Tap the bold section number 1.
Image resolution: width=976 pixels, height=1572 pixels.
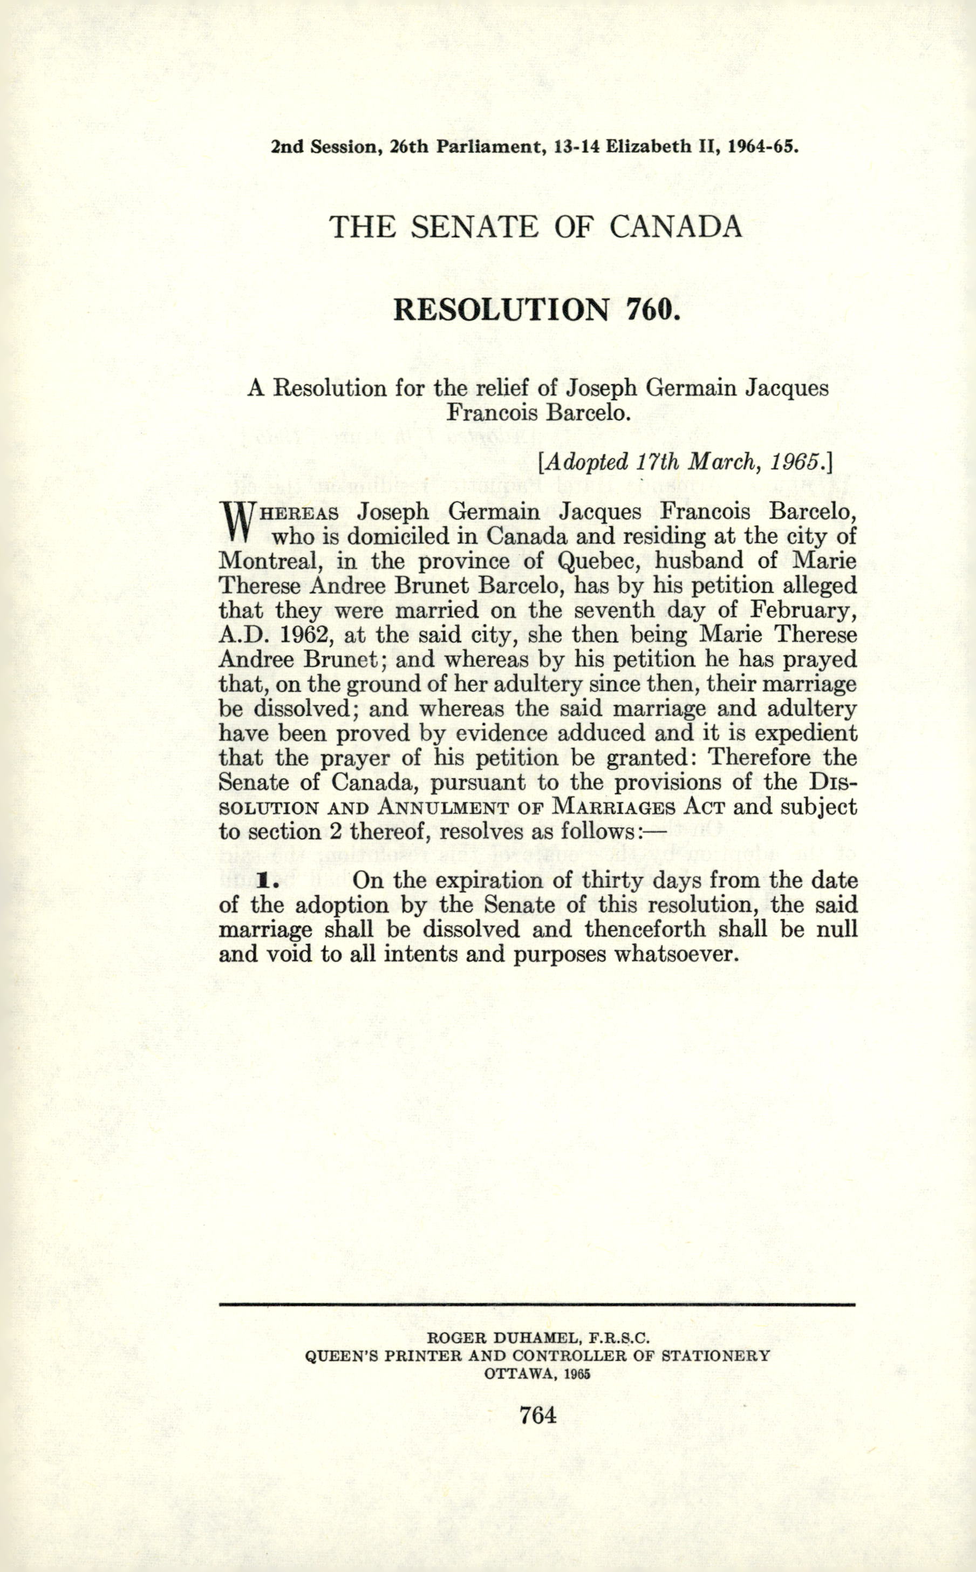264,881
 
